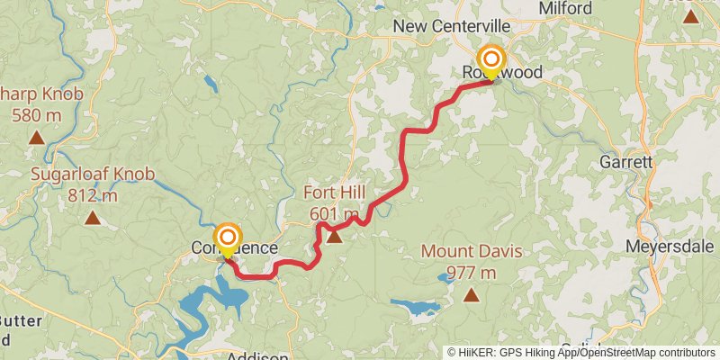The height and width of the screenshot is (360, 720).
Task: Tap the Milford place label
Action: [x=566, y=8]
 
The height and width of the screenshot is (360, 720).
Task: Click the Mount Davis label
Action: [x=471, y=252]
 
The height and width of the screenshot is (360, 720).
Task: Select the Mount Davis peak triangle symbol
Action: [x=471, y=294]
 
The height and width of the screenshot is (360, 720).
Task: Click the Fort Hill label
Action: [x=335, y=193]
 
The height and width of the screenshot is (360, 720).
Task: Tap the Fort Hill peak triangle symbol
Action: [x=335, y=237]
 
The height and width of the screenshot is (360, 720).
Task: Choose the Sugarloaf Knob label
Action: [x=93, y=175]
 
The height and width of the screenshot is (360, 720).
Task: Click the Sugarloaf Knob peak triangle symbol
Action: [x=92, y=217]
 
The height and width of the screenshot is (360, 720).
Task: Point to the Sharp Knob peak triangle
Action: [x=36, y=138]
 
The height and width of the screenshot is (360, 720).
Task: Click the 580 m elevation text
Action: [x=36, y=114]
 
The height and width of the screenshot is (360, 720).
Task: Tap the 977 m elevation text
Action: [x=471, y=273]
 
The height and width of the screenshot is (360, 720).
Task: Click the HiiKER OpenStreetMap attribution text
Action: [x=580, y=353]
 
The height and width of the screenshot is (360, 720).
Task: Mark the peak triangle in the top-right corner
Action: [x=690, y=16]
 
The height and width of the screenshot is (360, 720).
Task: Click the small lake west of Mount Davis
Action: [x=415, y=306]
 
